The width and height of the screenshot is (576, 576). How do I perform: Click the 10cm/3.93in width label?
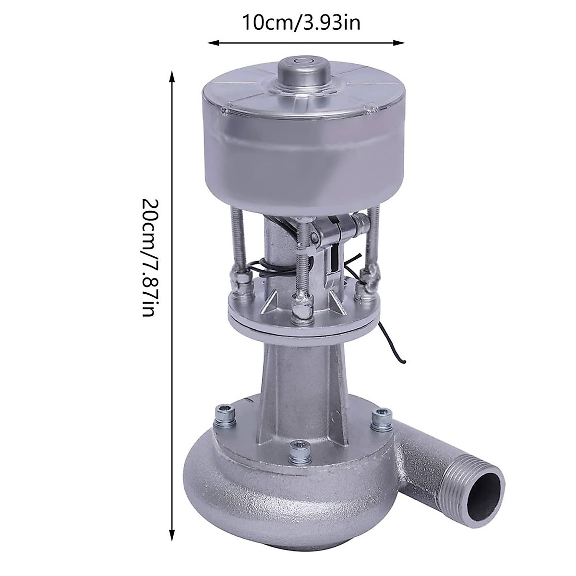tap(301, 23)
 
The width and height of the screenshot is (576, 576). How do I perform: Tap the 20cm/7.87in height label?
tap(148, 257)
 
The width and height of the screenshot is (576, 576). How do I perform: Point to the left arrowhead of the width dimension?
tap(213, 43)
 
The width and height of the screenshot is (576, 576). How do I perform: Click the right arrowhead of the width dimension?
tap(399, 43)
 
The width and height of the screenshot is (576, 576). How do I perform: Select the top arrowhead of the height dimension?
tap(172, 76)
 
